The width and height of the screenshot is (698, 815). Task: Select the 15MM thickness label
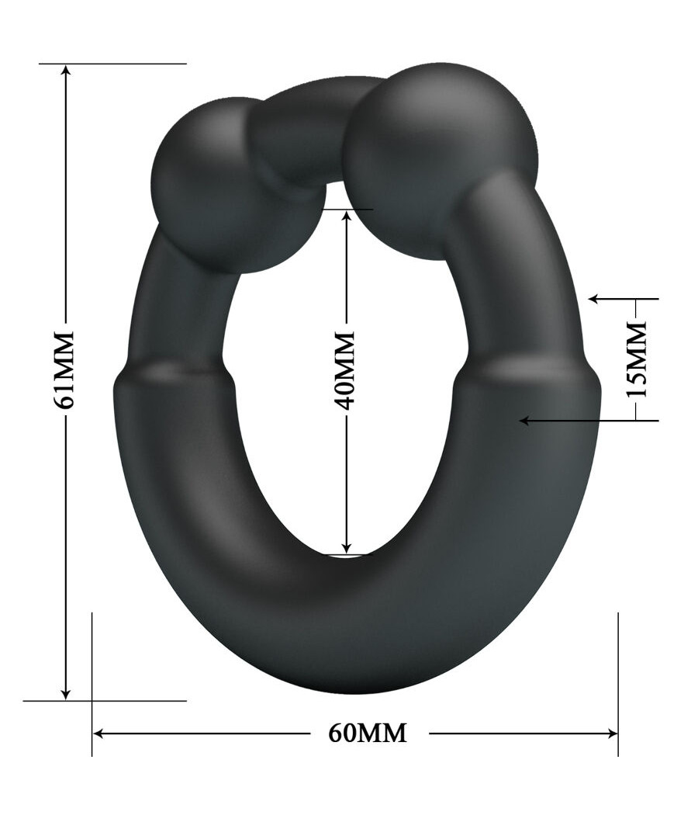tap(636, 359)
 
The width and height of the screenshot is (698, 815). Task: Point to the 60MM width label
tap(368, 732)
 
